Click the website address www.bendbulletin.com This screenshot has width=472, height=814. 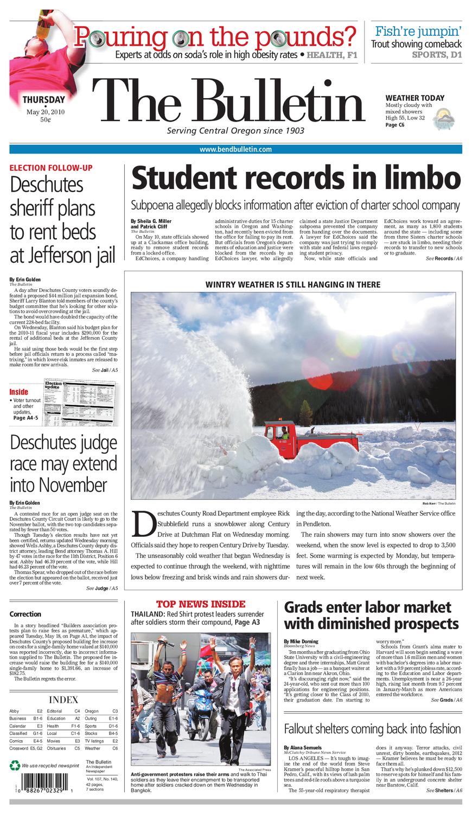pyautogui.click(x=235, y=149)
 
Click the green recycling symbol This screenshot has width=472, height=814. pyautogui.click(x=15, y=766)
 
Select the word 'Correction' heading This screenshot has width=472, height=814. pyautogui.click(x=25, y=614)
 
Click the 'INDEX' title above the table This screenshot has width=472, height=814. pyautogui.click(x=63, y=700)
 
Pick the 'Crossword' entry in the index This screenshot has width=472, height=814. pyautogui.click(x=20, y=748)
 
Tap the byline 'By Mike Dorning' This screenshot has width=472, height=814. pyautogui.click(x=301, y=641)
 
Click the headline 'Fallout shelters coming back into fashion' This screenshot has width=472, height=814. pyautogui.click(x=372, y=729)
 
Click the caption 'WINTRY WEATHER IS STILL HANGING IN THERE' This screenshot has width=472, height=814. pyautogui.click(x=293, y=284)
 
